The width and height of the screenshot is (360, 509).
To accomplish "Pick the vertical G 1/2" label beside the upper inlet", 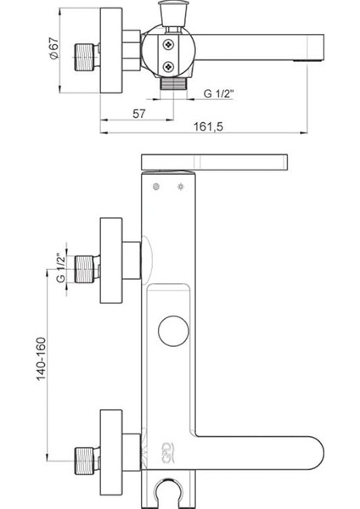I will pyautogui.click(x=60, y=268).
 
